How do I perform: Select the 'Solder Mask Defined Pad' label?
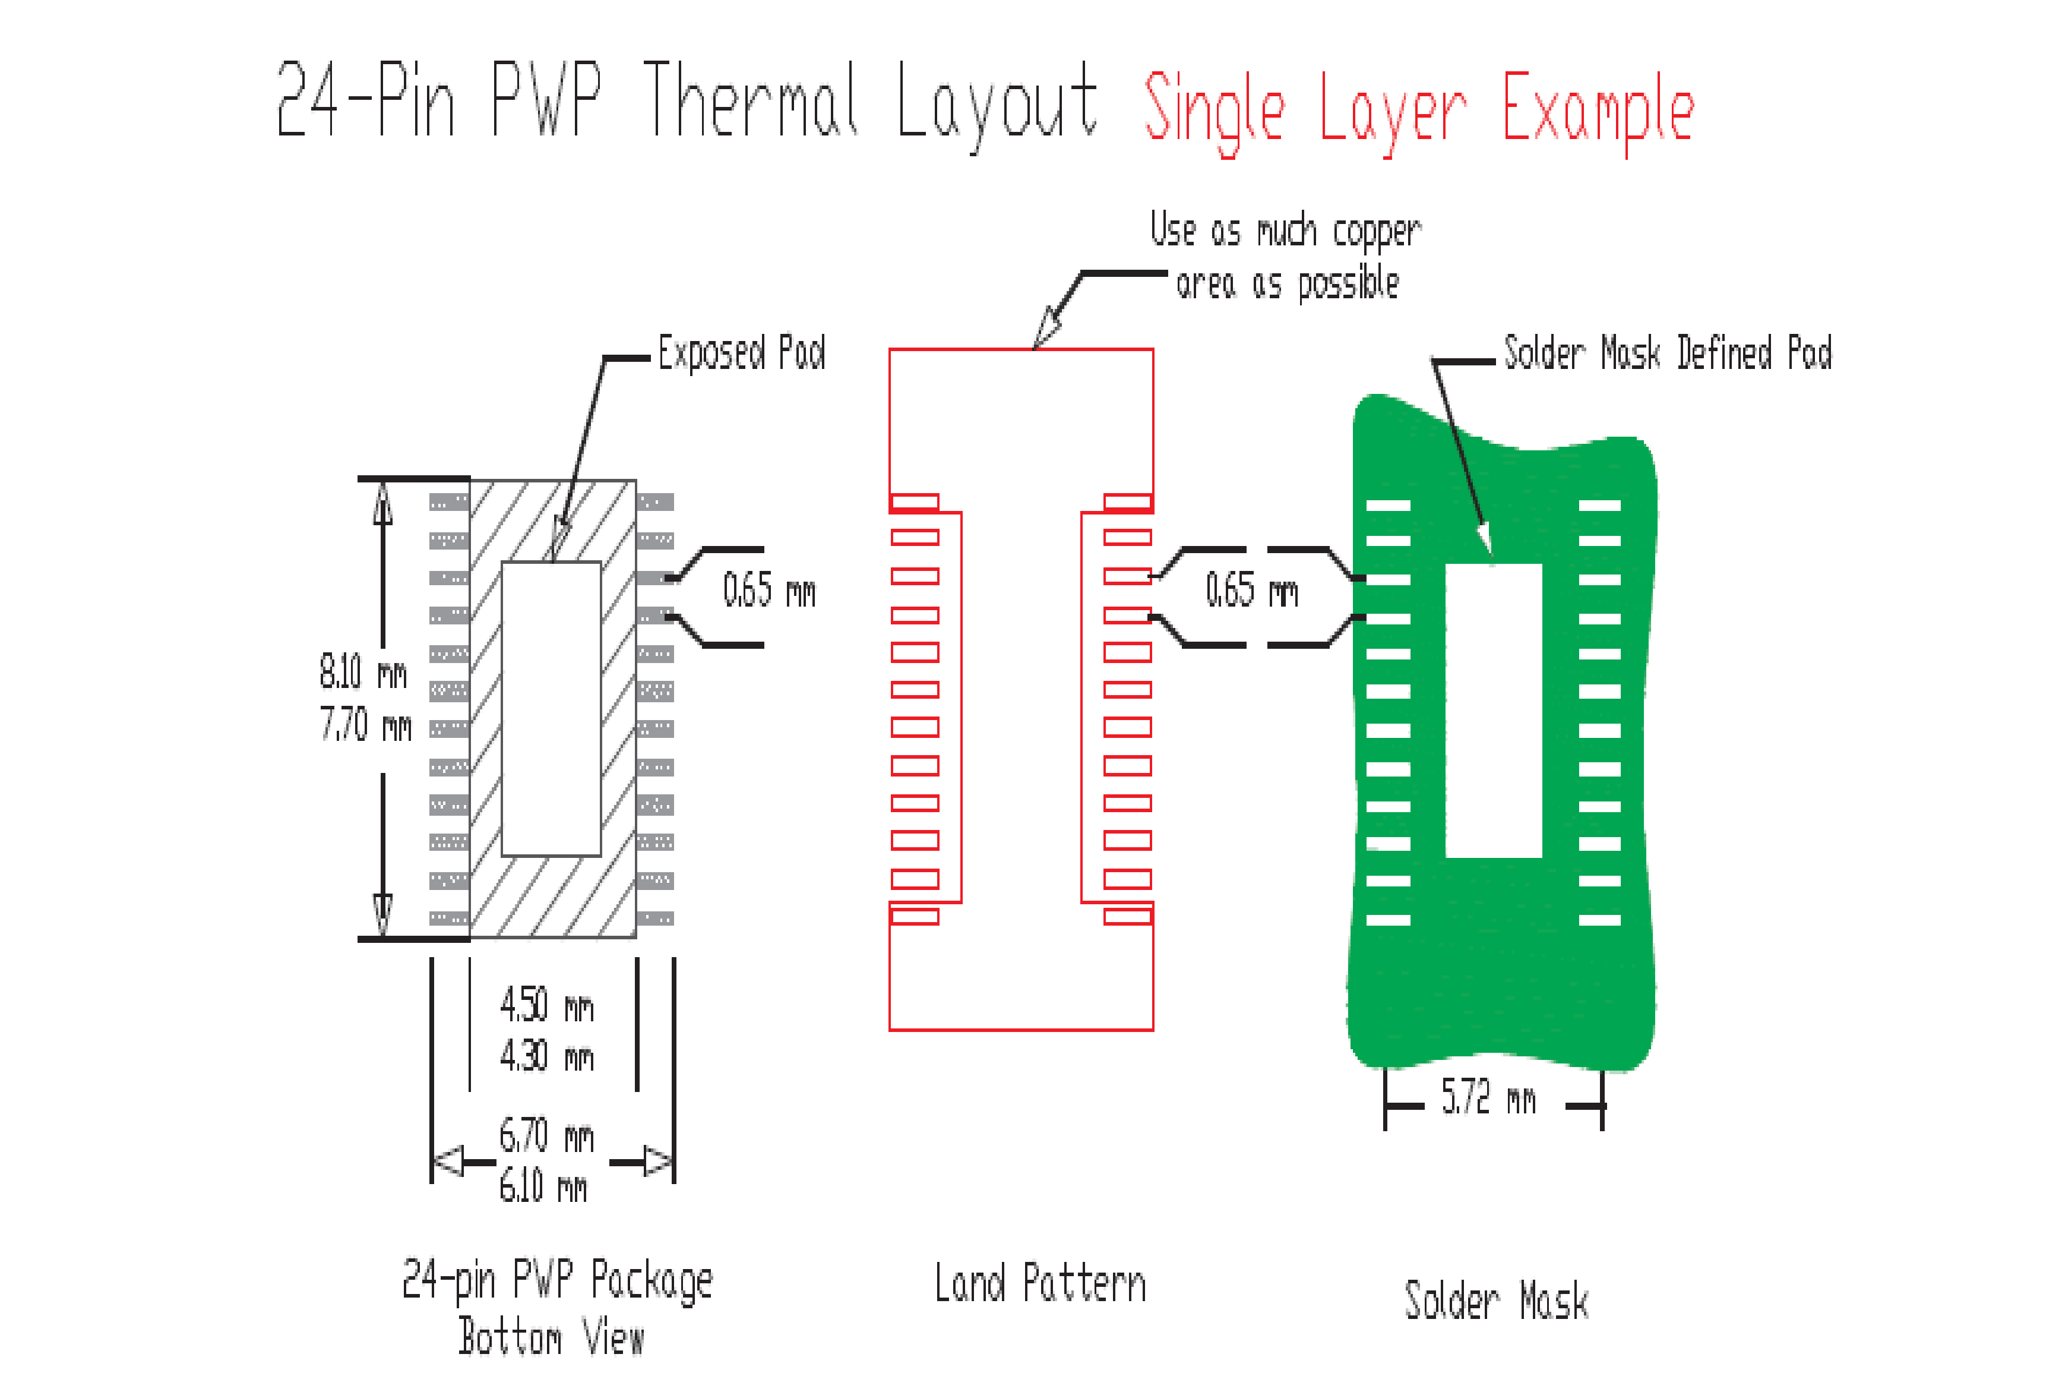1667,352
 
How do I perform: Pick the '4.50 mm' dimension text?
546,1005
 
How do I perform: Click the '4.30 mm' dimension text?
546,1056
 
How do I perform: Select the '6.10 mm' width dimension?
543,1186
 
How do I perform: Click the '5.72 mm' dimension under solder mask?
1488,1097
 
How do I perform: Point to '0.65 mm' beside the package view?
768,589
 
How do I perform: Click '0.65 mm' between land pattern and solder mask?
1251,589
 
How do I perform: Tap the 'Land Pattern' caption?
1040,1283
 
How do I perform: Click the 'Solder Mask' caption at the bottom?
1496,1301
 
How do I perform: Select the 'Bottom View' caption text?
551,1336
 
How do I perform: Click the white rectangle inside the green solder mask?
1493,710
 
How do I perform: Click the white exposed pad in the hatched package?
551,708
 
